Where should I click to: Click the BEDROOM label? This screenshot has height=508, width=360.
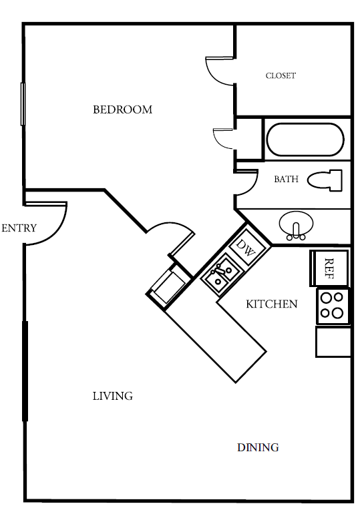(122, 109)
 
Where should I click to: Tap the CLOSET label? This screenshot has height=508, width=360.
(281, 75)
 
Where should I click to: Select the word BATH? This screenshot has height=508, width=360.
(286, 179)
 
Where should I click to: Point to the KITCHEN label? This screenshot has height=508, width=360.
(272, 304)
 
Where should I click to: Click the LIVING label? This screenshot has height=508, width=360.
(113, 396)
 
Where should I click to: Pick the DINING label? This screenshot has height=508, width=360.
(258, 447)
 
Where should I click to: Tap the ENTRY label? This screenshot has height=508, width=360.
(19, 228)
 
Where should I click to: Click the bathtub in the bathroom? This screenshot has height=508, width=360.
(305, 140)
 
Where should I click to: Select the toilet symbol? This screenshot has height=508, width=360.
(325, 180)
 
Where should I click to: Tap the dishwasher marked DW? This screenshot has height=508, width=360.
(247, 247)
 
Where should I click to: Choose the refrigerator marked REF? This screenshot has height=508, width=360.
(329, 268)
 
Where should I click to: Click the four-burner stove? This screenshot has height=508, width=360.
(333, 306)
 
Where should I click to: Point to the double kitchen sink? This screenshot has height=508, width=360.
(220, 274)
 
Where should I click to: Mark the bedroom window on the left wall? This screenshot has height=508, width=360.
(23, 104)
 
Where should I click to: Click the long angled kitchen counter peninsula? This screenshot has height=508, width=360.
(216, 342)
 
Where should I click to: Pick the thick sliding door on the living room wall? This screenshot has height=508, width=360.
(25, 371)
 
